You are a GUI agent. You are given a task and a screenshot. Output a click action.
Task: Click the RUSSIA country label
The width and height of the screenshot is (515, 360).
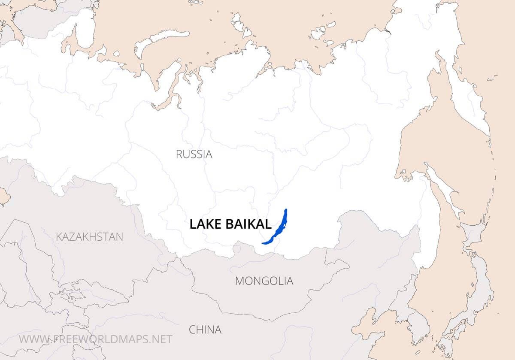[194, 154]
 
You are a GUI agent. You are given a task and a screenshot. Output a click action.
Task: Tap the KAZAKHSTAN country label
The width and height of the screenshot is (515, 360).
[89, 236]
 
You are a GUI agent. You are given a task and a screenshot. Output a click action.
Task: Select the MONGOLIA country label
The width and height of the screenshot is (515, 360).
[264, 281]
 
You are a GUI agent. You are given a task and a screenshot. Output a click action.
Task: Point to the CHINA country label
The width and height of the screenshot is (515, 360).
[205, 330]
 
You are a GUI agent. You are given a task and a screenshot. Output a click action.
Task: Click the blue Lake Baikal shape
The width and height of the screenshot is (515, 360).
[278, 228]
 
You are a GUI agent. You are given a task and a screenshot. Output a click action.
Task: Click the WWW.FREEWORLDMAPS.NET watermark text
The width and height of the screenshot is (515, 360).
[95, 339]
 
